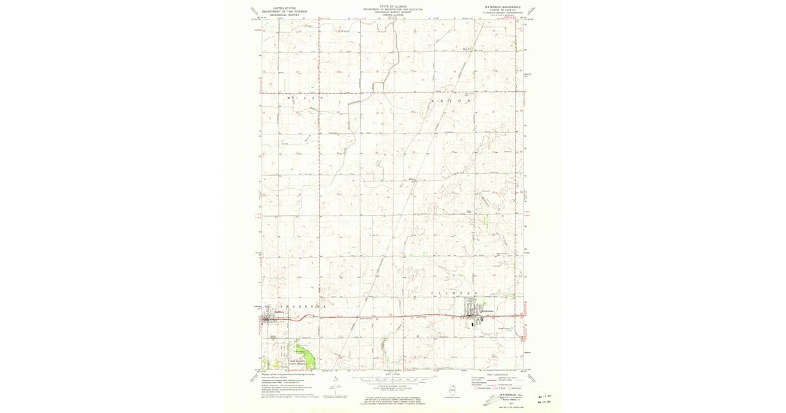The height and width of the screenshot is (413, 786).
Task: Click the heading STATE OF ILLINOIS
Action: (x=392, y=7)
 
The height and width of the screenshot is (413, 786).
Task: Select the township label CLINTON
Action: (x=451, y=292)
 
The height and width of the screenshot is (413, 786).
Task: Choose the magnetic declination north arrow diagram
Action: (x=335, y=387)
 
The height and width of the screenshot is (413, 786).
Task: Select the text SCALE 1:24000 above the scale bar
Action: (x=392, y=374)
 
